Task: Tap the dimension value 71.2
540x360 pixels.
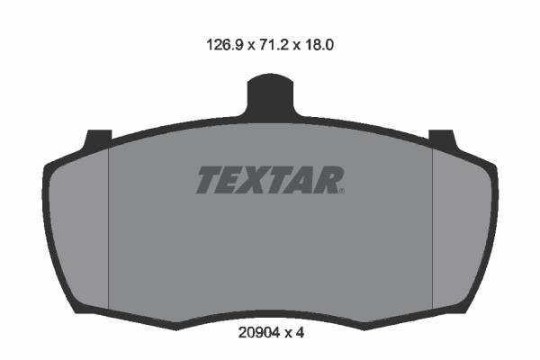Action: (x=277, y=42)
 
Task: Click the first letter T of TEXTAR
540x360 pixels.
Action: (x=209, y=180)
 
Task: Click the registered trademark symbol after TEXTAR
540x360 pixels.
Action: (x=342, y=189)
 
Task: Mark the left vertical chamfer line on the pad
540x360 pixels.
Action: (x=108, y=225)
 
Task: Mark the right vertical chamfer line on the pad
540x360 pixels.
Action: (x=433, y=225)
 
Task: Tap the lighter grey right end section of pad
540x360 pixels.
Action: (x=461, y=225)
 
